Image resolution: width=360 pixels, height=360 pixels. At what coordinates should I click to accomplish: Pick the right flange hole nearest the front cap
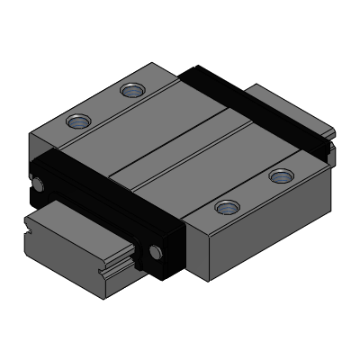(225, 208)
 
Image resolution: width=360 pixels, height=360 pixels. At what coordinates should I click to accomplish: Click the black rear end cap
(252, 108)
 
